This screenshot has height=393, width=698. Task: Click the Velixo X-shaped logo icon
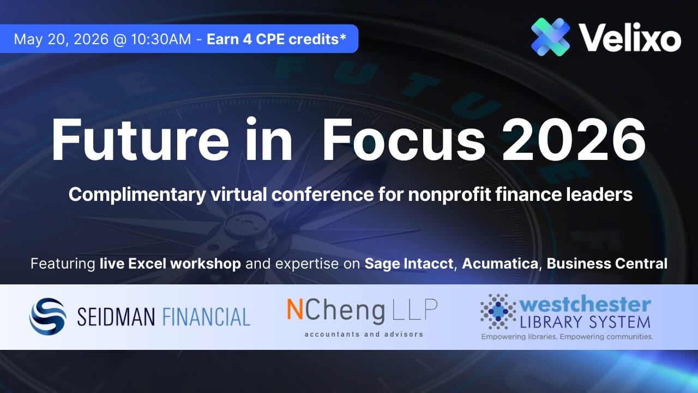click(550, 37)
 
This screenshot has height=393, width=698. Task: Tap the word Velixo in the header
click(630, 39)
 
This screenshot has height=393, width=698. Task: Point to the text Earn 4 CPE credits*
click(276, 39)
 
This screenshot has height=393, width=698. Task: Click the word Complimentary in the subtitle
click(125, 195)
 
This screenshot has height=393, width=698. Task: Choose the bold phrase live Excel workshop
click(170, 264)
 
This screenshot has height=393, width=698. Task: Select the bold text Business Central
click(607, 264)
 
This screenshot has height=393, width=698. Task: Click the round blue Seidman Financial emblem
click(47, 316)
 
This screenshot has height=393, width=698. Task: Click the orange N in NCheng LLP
click(295, 310)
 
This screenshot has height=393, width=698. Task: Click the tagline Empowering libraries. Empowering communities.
click(567, 337)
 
